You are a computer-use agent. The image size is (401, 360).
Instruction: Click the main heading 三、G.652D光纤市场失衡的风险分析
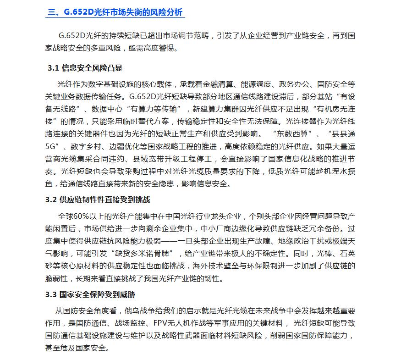point(116,12)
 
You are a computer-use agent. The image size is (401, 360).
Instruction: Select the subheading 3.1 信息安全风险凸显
point(85,68)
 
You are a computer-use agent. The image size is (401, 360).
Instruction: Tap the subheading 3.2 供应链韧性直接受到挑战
point(99,200)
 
